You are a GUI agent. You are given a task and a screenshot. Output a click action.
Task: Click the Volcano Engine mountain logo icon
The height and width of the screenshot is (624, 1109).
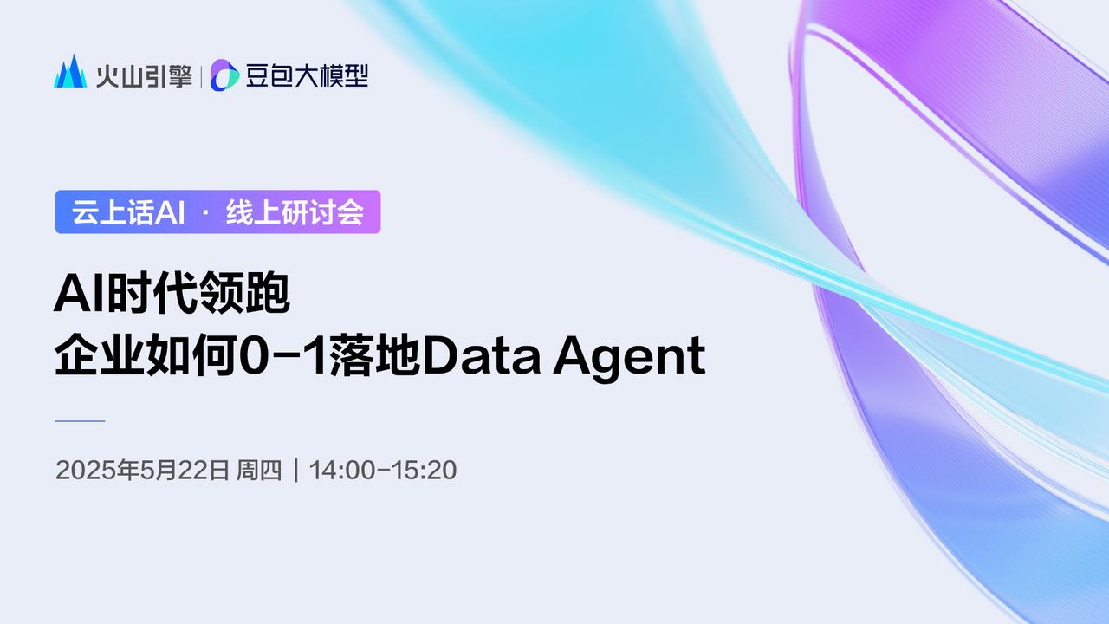(71, 73)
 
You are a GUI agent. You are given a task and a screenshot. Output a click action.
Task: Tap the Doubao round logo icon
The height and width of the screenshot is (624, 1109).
(225, 75)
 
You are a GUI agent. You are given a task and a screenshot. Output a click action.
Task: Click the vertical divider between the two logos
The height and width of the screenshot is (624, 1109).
(202, 75)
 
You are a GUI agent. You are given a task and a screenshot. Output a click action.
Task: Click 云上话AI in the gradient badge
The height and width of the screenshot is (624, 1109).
(128, 212)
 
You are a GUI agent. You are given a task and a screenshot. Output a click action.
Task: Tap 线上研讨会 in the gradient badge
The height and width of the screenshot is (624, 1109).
(295, 212)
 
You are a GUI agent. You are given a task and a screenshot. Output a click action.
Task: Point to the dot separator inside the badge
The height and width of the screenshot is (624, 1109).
(206, 213)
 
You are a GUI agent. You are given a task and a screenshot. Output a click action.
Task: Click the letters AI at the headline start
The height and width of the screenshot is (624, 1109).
(73, 296)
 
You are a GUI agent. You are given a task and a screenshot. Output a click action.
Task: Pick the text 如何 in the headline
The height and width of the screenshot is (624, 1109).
(191, 356)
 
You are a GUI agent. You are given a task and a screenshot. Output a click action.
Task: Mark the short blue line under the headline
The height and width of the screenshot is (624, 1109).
(80, 421)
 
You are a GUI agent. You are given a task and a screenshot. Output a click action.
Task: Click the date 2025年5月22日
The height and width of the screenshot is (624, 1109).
(143, 471)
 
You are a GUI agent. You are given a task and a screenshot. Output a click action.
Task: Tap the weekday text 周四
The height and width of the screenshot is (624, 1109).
(259, 471)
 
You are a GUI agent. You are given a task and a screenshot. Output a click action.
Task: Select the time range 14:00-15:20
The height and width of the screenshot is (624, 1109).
(383, 471)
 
